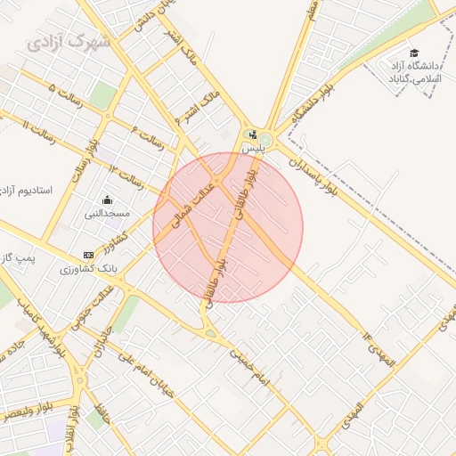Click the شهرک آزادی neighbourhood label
tap(69, 41)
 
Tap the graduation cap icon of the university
tap(414, 53)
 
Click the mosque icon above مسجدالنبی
tap(108, 199)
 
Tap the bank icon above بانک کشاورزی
tap(87, 255)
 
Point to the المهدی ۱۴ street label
tap(378, 351)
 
